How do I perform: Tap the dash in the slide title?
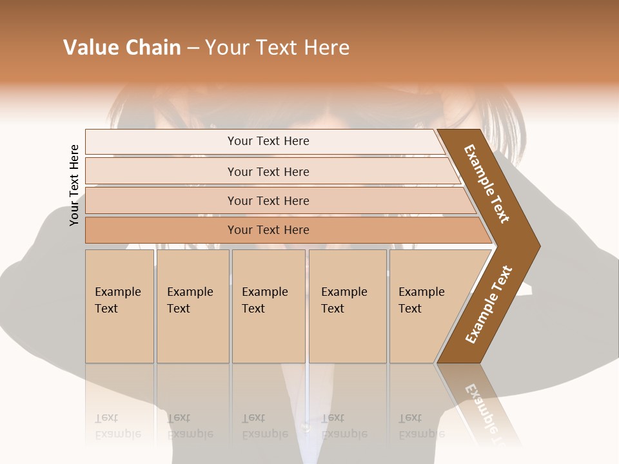tap(193, 48)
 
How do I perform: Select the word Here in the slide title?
tap(326, 48)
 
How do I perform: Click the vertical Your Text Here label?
tap(74, 185)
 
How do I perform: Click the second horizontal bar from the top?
tap(268, 171)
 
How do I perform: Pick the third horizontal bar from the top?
tap(268, 200)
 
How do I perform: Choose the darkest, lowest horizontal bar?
tap(268, 230)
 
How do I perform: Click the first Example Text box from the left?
tap(119, 306)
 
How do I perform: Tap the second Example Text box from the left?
tap(192, 306)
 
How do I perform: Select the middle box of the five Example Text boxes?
tap(268, 306)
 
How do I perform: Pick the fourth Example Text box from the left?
tap(347, 306)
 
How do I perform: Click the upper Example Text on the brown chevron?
tap(487, 184)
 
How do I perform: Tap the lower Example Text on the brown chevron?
tap(489, 305)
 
